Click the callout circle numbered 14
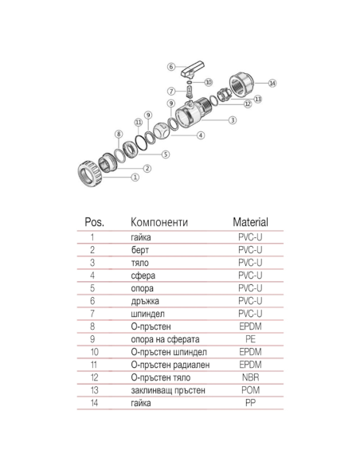tap(272, 83)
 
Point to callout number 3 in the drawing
tap(232, 120)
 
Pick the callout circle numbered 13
tap(257, 98)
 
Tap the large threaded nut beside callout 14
tap(242, 83)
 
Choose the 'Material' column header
tap(250, 222)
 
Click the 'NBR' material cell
tap(250, 377)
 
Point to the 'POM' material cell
tap(250, 389)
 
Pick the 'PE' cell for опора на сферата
tap(250, 338)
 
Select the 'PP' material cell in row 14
tap(250, 402)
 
